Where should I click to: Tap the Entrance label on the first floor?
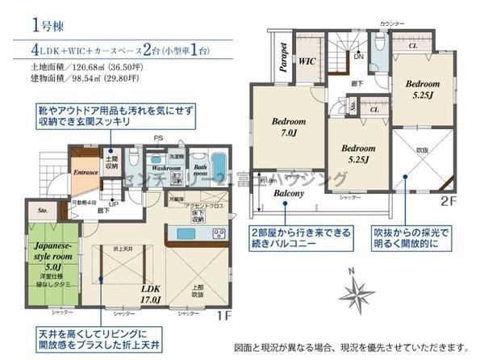point(85,172)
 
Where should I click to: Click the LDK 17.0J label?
point(152,293)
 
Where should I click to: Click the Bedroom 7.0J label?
point(281,128)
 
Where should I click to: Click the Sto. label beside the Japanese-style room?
point(42,211)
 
